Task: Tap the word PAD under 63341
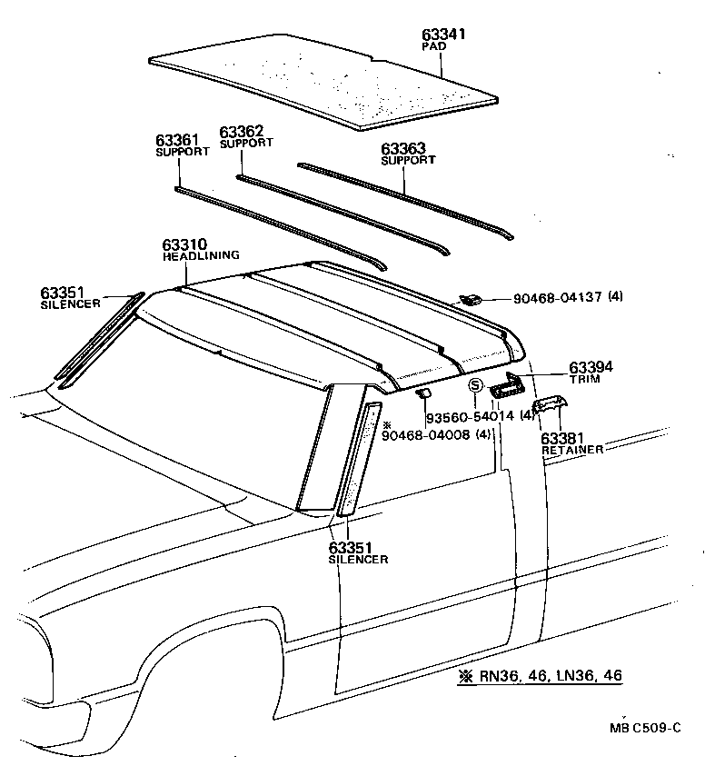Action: (432, 46)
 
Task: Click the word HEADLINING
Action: (201, 256)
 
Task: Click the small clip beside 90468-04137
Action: (471, 298)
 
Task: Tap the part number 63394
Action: (591, 367)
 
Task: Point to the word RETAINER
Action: (572, 450)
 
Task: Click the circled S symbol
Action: (474, 387)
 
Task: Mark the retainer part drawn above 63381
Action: (551, 404)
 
